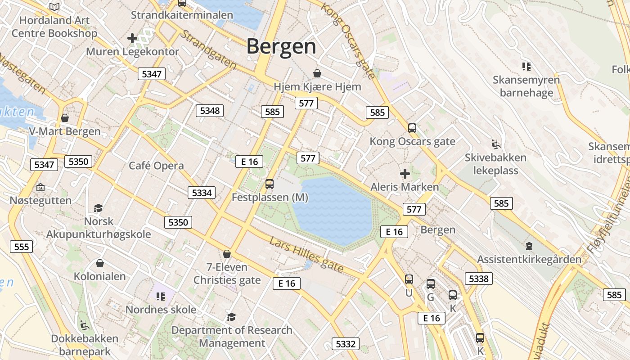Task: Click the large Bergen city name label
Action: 281,46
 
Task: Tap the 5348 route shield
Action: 210,111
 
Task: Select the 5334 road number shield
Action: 202,193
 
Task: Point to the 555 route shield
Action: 21,247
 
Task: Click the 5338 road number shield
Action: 478,279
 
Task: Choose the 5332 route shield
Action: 346,344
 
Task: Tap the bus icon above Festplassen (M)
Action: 270,184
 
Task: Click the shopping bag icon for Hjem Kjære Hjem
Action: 317,73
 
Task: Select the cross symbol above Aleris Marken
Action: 405,173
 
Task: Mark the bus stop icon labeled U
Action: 409,279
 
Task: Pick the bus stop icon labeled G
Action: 431,284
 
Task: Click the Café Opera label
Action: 156,166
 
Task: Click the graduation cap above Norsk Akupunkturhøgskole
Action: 99,208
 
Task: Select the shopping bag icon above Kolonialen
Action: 100,263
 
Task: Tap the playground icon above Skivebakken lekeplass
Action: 495,144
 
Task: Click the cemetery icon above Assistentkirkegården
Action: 529,246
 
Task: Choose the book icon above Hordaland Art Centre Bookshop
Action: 54,7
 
